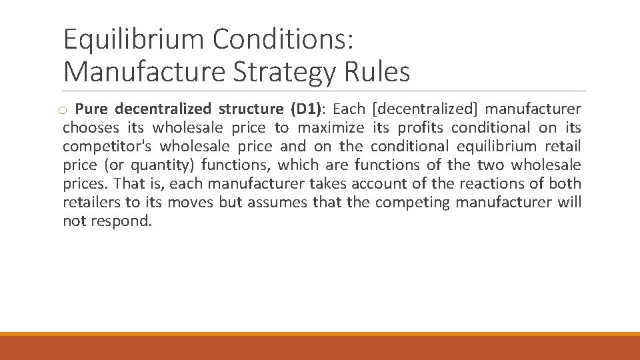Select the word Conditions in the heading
(283, 40)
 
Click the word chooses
(91, 127)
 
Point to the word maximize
(331, 127)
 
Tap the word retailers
(91, 202)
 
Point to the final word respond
(122, 221)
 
